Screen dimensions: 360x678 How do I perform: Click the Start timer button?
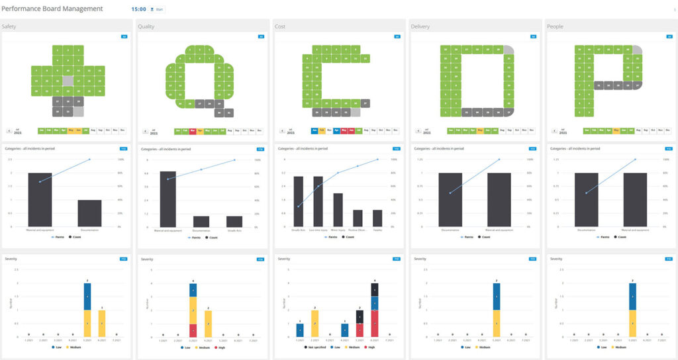coord(158,9)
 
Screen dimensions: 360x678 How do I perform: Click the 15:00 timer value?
coord(138,9)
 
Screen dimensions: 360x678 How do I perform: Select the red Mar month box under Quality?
coord(193,131)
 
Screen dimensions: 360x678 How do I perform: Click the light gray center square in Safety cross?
coord(68,80)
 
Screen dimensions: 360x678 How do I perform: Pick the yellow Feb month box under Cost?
coord(322,131)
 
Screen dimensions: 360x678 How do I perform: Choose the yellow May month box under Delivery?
coord(482,131)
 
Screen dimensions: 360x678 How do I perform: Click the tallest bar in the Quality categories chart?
coord(168,199)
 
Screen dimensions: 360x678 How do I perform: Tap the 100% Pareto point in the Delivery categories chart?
coord(499,159)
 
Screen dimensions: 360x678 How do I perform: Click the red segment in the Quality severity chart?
coord(193,330)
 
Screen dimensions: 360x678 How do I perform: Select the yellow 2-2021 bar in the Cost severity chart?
coord(315,323)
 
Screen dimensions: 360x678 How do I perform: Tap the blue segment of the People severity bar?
coord(632,296)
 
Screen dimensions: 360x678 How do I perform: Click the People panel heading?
coord(554,26)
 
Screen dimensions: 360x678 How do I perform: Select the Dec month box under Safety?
coord(122,131)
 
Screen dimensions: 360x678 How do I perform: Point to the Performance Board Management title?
coord(52,9)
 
